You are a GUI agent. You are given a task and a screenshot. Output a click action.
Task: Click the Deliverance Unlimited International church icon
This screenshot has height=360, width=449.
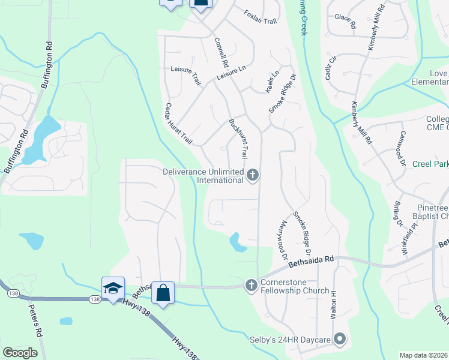coord(253,176)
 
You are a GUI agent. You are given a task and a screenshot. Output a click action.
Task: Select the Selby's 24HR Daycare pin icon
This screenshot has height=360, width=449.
coord(340,340)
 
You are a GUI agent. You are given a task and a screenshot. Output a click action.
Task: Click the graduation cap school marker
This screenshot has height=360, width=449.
coord(113,288)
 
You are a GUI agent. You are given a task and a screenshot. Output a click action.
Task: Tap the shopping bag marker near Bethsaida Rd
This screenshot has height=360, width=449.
coord(163,293)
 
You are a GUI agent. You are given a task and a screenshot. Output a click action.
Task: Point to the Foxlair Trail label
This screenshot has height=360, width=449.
coord(261,17)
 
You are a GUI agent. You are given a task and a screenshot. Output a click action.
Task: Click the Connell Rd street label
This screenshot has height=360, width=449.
coord(221,53)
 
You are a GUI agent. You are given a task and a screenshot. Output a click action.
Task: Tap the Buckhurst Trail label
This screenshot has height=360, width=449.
coord(238,139)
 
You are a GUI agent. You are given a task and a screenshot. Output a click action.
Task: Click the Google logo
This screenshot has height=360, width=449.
coord(20,353)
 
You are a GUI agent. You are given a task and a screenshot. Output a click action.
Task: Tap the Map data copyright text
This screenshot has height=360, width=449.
coord(424,355)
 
